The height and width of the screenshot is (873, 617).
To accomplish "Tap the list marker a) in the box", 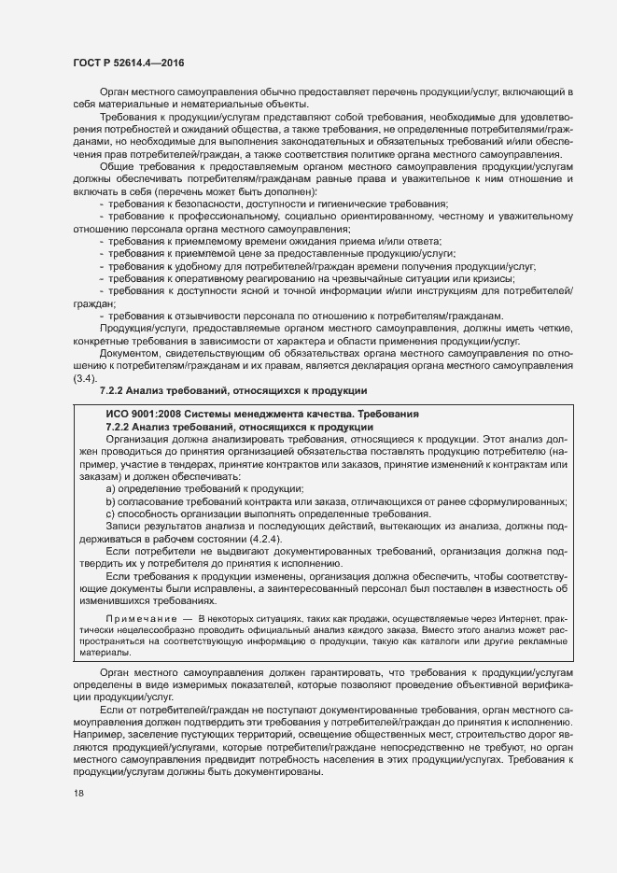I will (x=111, y=488).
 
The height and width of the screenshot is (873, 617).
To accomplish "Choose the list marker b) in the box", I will (x=111, y=501).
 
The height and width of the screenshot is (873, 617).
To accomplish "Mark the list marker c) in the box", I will (x=111, y=514).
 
